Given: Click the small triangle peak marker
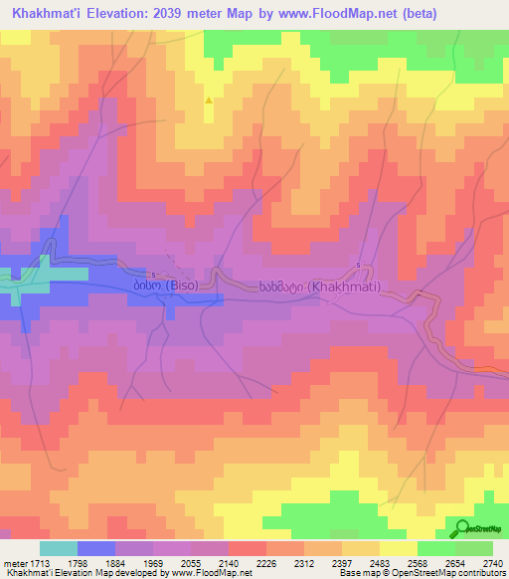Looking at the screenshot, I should (x=208, y=100).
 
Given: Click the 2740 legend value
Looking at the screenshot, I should (x=493, y=562).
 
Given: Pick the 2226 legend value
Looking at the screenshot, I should (x=266, y=562).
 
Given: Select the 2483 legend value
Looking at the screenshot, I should (x=380, y=562).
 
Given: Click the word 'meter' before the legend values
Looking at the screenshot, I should (x=14, y=562).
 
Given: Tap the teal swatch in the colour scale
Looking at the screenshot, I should (x=59, y=548).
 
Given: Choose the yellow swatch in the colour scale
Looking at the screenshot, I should (x=399, y=548).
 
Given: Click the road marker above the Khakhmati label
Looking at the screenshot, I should (x=359, y=265).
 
